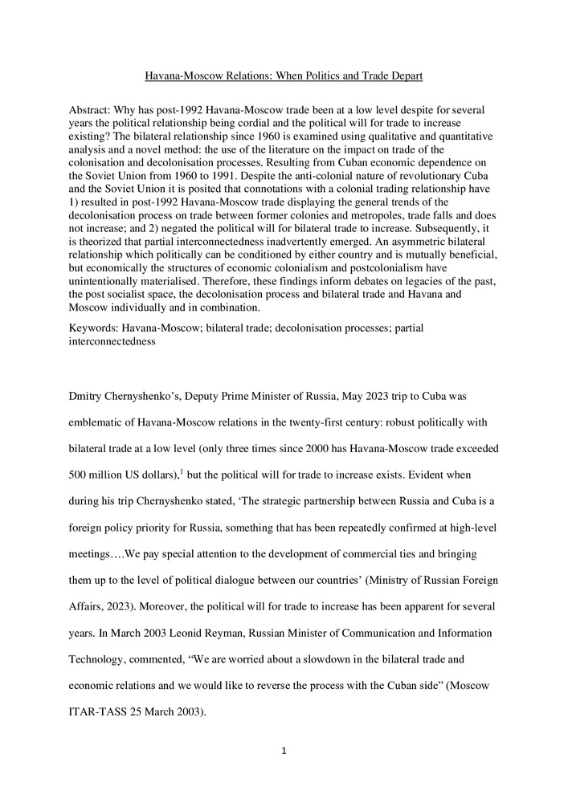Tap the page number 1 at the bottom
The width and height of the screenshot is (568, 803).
point(284,752)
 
